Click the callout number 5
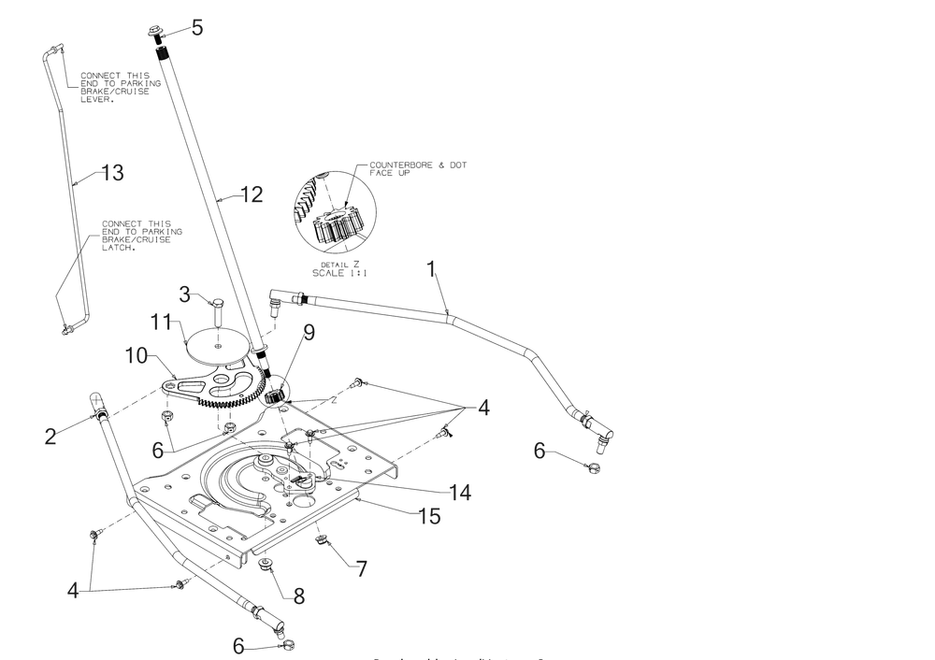point(196,27)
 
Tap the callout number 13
point(111,173)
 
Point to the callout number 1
point(431,270)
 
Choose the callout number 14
point(457,492)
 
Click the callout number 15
point(429,515)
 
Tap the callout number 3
point(186,295)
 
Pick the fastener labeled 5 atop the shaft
point(155,34)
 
